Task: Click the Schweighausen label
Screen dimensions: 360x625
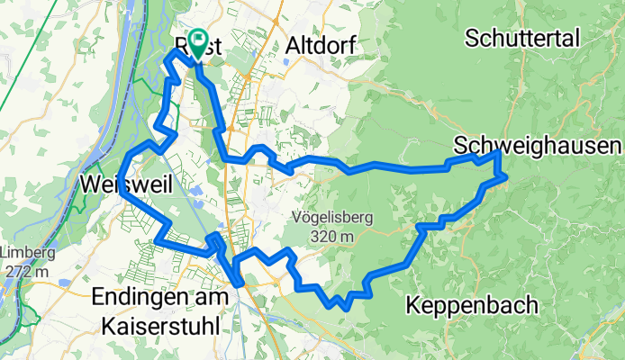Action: (x=538, y=146)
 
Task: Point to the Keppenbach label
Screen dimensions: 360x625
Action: (x=473, y=304)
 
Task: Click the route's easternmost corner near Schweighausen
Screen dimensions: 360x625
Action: (x=505, y=175)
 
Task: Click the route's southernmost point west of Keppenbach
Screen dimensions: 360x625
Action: (x=346, y=307)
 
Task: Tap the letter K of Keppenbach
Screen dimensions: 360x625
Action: (x=414, y=304)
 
